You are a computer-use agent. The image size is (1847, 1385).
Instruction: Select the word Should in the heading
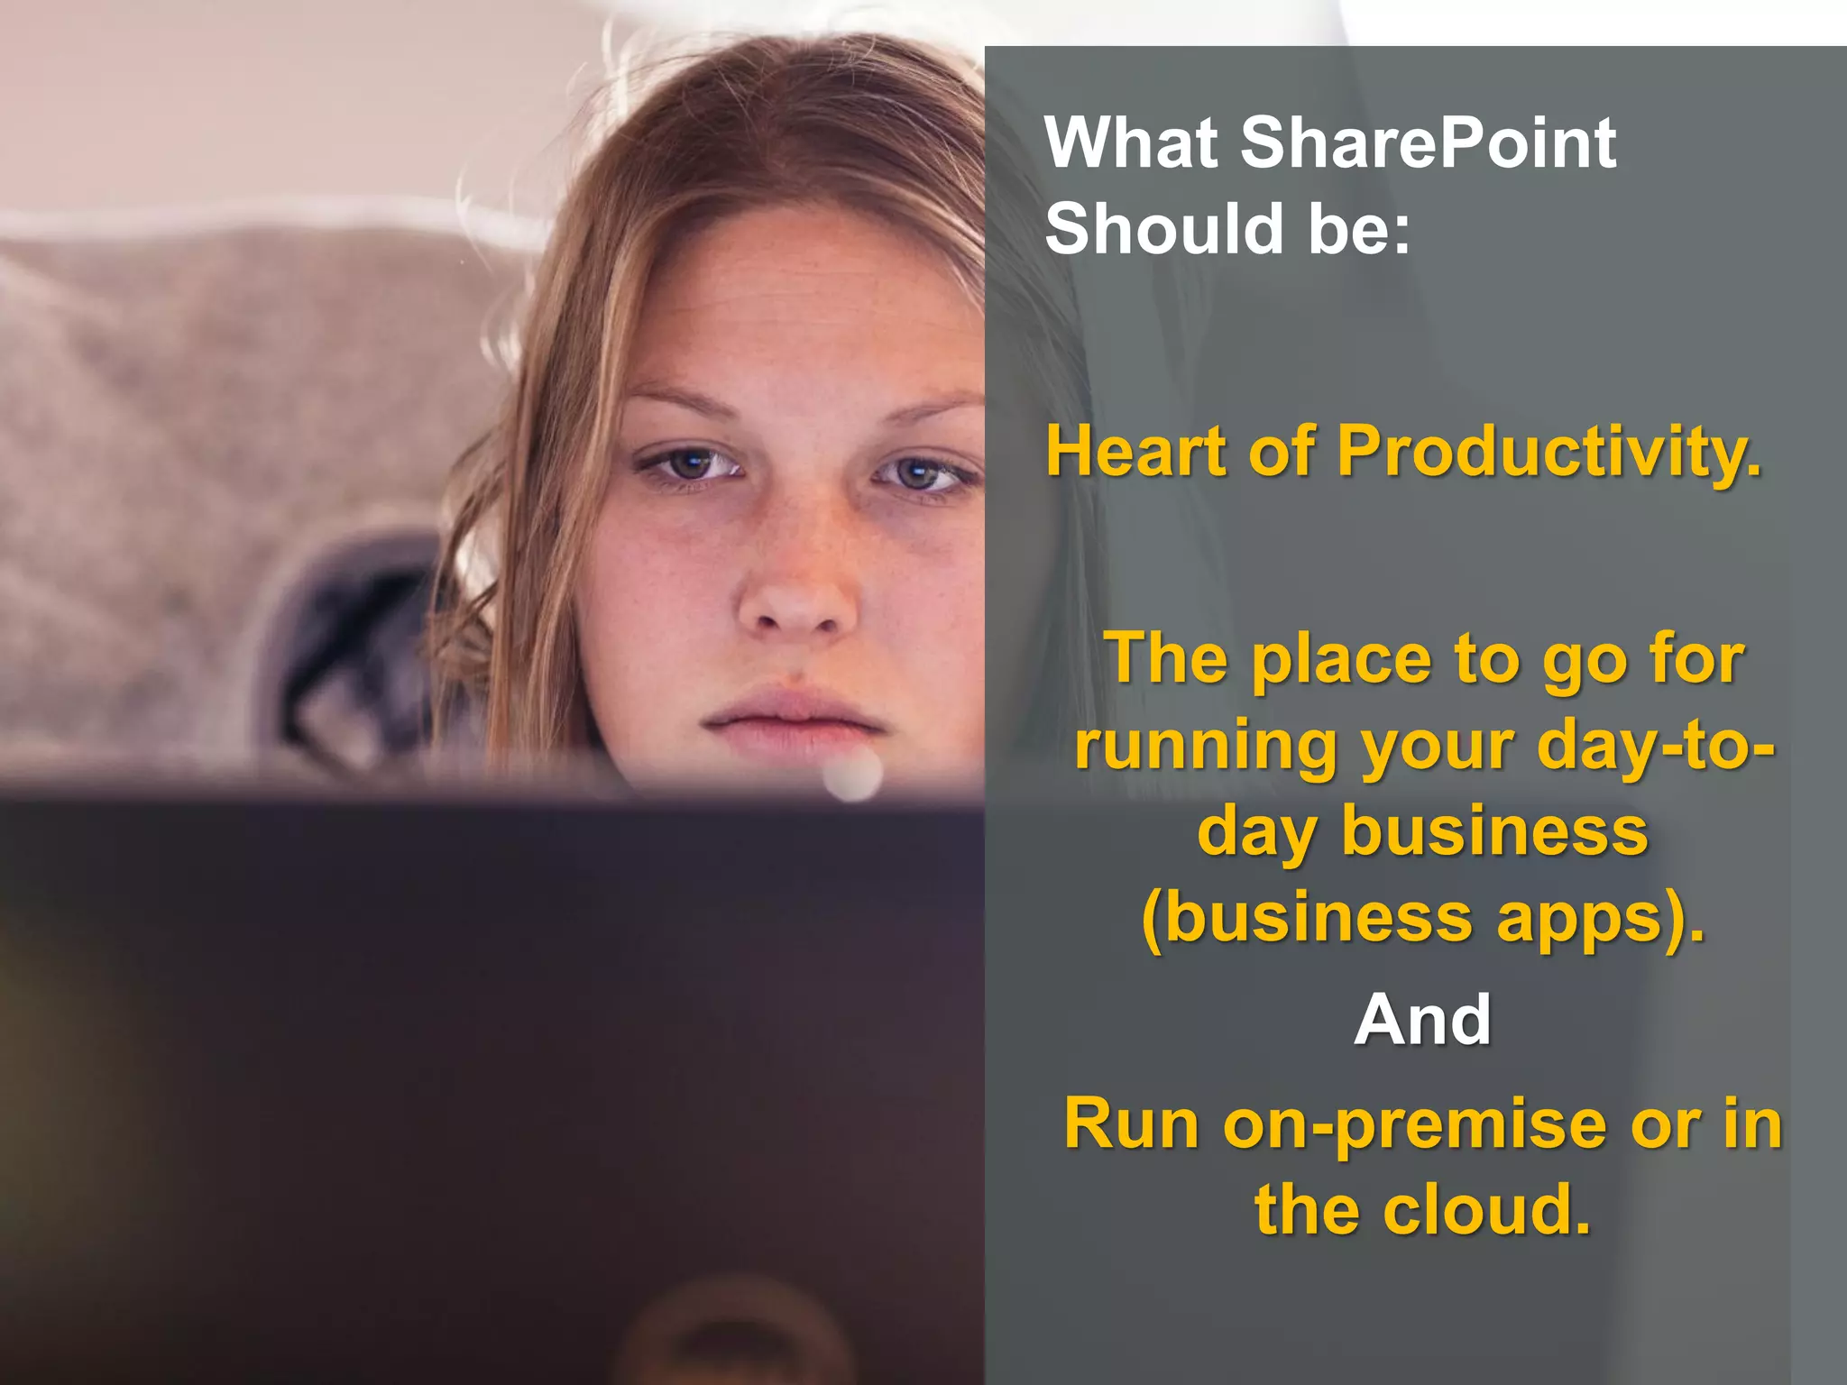tap(1163, 229)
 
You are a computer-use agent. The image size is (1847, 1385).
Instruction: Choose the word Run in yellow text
tap(1132, 1124)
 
